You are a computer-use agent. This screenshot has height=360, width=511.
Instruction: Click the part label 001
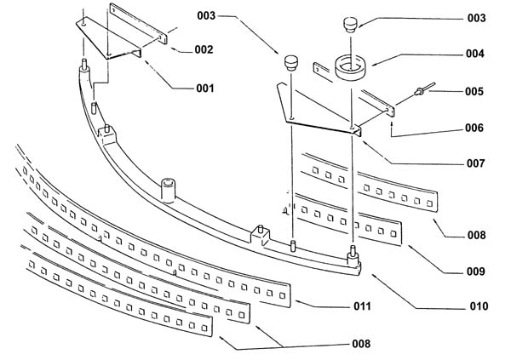(205, 89)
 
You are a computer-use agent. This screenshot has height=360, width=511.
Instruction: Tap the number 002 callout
(204, 49)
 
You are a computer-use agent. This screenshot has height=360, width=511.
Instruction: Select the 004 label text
(475, 54)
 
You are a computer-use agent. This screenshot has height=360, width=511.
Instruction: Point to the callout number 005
(474, 92)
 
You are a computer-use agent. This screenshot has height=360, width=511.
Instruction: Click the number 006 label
(474, 128)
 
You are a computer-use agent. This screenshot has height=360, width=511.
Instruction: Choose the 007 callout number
(476, 163)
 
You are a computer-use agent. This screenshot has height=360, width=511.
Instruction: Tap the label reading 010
(479, 306)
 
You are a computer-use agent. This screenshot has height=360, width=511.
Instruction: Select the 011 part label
(363, 306)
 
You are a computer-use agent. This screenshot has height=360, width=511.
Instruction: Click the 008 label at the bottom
(361, 344)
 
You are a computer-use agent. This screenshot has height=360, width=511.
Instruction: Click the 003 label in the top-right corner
(476, 18)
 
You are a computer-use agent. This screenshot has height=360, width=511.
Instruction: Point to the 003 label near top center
(206, 15)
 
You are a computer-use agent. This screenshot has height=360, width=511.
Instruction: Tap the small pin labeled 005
(424, 89)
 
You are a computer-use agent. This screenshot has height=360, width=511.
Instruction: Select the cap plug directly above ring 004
(350, 25)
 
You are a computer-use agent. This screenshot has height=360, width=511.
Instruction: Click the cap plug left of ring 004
(291, 63)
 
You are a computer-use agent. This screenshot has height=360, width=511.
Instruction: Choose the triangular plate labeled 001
(108, 38)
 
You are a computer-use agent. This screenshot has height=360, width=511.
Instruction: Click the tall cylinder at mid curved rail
(168, 191)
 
